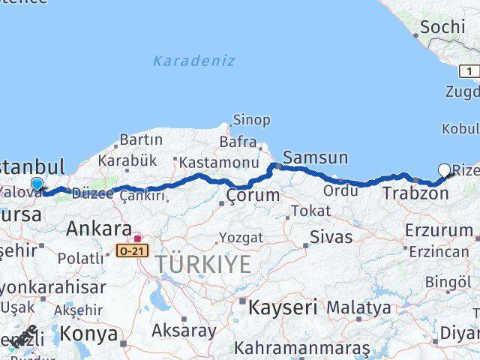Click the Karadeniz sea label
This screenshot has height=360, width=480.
pos(194,61)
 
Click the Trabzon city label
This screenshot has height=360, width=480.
pos(415,193)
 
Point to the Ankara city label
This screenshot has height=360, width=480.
pos(99,228)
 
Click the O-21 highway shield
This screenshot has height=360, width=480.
pos(130,252)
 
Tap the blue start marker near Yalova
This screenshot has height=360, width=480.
pos(37,184)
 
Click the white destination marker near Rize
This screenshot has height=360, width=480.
pos(444,170)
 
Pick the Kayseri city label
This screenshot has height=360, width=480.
pos(283,307)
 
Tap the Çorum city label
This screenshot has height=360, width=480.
pos(253,196)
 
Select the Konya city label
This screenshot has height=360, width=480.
pos(88,334)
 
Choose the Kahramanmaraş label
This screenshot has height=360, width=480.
pos(301,348)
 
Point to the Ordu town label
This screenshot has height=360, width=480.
pos(340,190)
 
